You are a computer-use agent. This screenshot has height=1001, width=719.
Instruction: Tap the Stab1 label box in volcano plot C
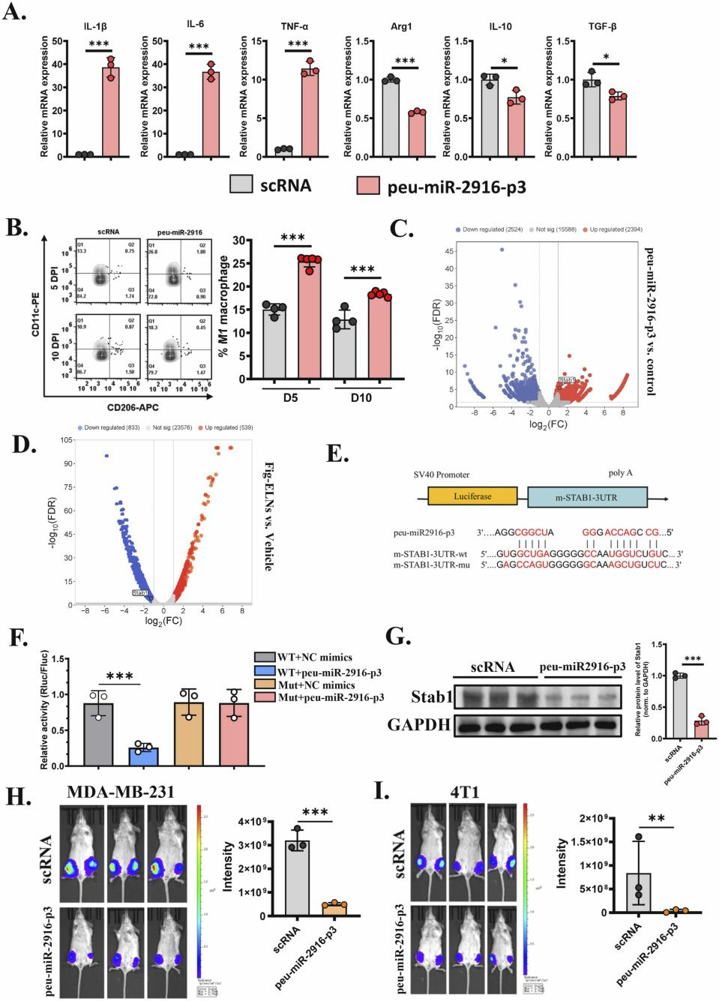(568, 381)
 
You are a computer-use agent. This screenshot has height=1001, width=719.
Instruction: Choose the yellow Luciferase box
(472, 496)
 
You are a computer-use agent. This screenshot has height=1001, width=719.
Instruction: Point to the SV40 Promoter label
(442, 475)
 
